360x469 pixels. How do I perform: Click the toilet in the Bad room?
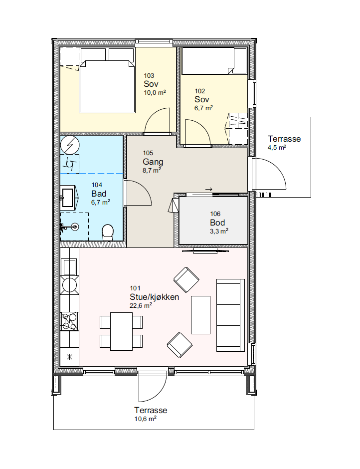pos(108,233)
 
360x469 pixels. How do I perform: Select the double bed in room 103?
pos(107,81)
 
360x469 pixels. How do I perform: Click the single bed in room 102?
pos(214,61)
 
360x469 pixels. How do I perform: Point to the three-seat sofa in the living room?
pos(230,315)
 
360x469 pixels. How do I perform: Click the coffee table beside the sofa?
pos(200,315)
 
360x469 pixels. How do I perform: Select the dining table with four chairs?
pos(121,331)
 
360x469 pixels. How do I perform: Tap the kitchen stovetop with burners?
pos(70,321)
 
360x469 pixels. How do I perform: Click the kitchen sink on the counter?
pos(69,267)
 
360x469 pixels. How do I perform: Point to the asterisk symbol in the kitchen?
pos(69,357)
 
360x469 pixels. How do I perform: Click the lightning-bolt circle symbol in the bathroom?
pos(70,145)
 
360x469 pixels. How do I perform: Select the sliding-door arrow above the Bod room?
pos(209,189)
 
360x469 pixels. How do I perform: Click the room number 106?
pos(215,214)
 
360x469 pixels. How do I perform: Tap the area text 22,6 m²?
pos(141,305)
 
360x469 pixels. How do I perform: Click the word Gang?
pos(153,162)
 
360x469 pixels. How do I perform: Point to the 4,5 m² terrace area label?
pos(277,147)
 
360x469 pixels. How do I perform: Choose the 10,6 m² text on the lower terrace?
pos(145,419)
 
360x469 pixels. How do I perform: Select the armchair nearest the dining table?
pos(180,345)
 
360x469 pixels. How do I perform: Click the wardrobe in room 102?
pos(238,128)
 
